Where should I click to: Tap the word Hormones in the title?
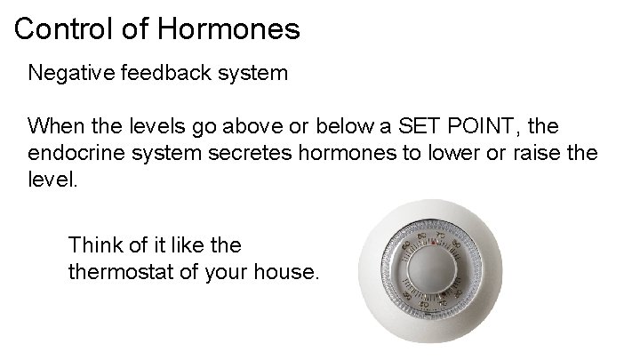coord(228,29)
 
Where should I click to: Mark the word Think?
coord(94,244)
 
